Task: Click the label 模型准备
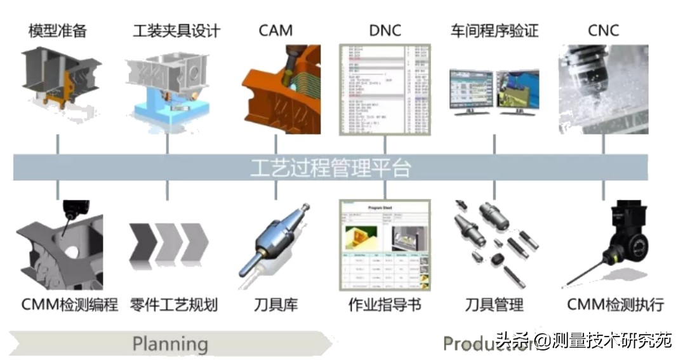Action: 57,30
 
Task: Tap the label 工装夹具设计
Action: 176,30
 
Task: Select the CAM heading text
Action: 275,30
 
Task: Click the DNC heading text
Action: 385,30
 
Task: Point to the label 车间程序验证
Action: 494,30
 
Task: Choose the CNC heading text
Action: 603,30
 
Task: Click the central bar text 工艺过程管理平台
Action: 330,168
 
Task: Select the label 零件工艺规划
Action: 173,305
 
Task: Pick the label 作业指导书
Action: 385,305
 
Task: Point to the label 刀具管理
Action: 494,305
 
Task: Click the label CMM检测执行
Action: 615,305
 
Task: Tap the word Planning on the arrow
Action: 169,344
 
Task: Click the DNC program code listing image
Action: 385,89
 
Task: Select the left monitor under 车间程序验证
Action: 471,91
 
